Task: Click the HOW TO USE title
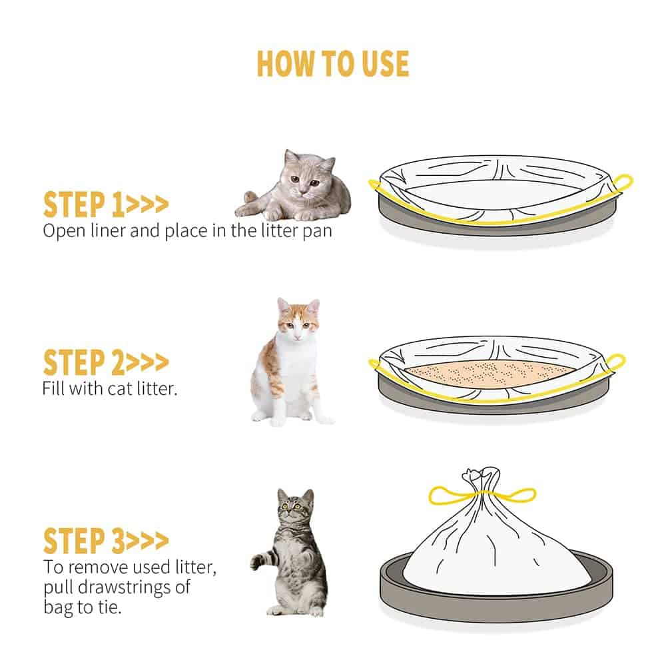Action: pos(332,64)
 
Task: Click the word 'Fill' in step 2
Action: pos(53,388)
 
